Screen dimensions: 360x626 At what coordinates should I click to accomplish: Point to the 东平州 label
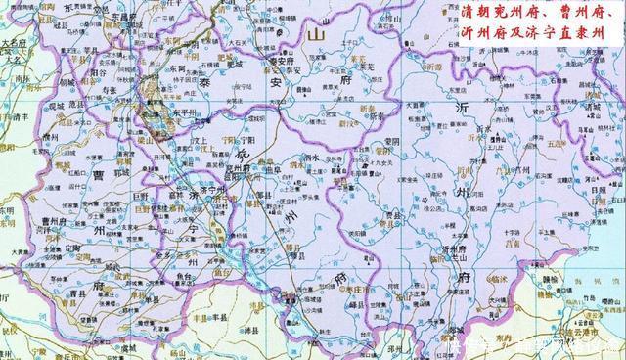click(186, 112)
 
